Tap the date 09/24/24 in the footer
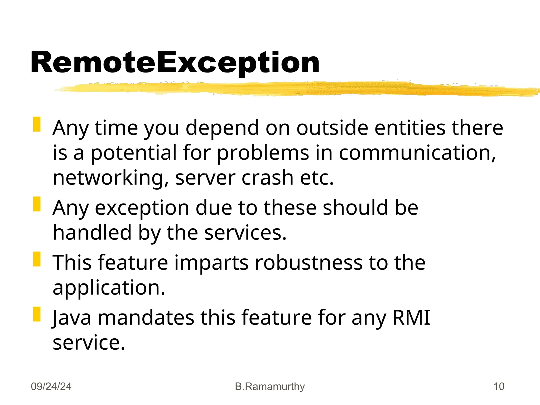point(51,387)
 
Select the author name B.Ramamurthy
point(270,387)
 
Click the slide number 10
point(499,387)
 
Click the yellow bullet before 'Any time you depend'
point(37,124)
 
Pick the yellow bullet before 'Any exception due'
point(37,204)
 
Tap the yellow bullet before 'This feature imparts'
point(37,259)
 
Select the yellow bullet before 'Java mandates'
point(37,314)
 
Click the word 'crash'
point(268,178)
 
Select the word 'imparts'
point(211,263)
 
